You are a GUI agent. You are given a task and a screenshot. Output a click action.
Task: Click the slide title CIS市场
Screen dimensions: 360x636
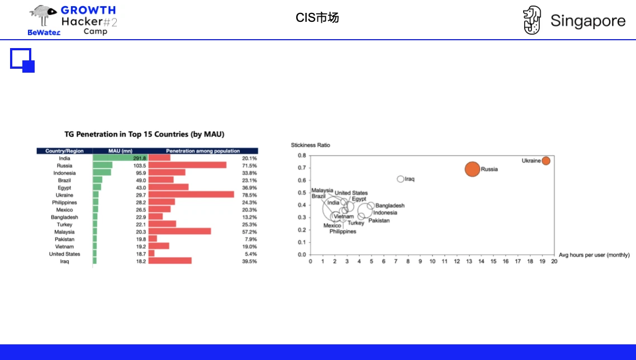pyautogui.click(x=317, y=18)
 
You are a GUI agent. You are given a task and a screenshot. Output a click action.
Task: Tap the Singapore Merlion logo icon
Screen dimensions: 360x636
pyautogui.click(x=532, y=21)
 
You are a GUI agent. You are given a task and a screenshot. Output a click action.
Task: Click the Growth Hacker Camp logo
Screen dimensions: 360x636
pyautogui.click(x=73, y=21)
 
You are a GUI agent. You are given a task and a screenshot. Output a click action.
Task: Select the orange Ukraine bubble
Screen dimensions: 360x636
pyautogui.click(x=546, y=160)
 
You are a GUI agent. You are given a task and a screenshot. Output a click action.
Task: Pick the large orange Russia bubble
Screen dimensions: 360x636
pyautogui.click(x=472, y=168)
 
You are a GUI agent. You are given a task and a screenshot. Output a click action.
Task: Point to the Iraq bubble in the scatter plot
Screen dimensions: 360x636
pyautogui.click(x=400, y=179)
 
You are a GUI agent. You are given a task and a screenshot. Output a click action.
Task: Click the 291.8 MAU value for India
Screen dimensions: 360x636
pyautogui.click(x=139, y=158)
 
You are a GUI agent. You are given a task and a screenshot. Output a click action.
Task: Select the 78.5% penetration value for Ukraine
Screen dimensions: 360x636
pyautogui.click(x=249, y=195)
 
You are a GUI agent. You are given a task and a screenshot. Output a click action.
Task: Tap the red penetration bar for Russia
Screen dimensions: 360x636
pyautogui.click(x=188, y=165)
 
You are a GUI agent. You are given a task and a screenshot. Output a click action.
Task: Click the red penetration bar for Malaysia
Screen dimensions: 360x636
pyautogui.click(x=180, y=231)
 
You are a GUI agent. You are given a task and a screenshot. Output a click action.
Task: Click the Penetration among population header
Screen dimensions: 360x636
pyautogui.click(x=203, y=151)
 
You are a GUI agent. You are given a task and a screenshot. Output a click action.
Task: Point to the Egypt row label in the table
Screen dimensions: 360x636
pyautogui.click(x=64, y=188)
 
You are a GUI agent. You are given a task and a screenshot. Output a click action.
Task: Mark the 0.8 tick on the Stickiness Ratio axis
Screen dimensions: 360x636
pyautogui.click(x=302, y=155)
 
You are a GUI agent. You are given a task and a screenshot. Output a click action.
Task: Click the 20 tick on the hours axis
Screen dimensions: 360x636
pyautogui.click(x=554, y=261)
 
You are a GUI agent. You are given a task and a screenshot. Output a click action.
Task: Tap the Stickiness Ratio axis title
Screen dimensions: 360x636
pyautogui.click(x=310, y=145)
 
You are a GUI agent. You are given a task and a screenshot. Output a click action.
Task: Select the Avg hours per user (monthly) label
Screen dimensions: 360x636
pyautogui.click(x=594, y=255)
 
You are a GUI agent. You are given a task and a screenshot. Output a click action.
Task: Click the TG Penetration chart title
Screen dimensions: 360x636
pyautogui.click(x=144, y=134)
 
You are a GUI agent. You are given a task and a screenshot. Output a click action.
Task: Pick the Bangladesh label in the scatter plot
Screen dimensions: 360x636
pyautogui.click(x=390, y=206)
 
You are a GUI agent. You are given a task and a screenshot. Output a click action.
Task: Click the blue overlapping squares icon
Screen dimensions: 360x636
pyautogui.click(x=22, y=60)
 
